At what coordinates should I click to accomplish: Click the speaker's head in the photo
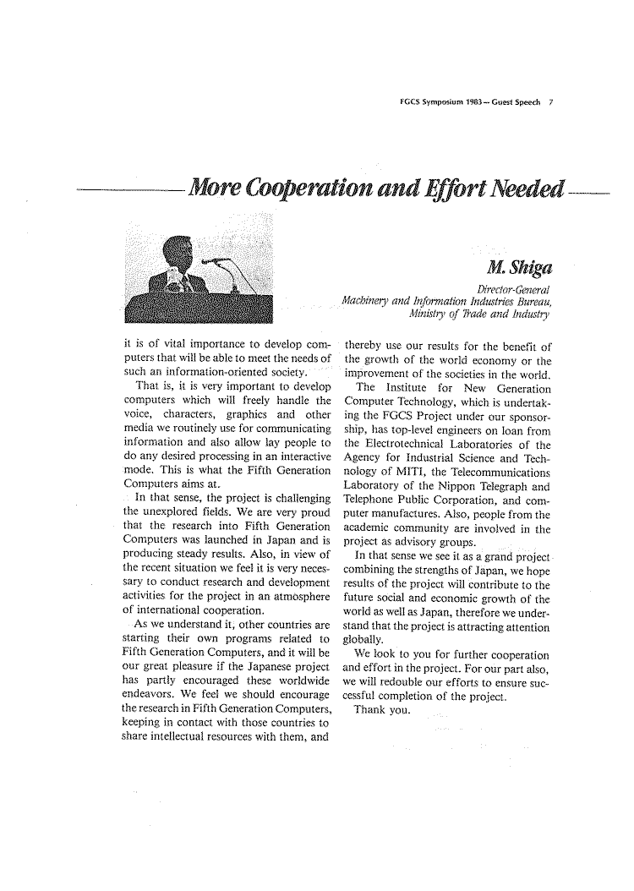[179, 253]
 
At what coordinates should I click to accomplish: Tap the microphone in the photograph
[217, 262]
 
